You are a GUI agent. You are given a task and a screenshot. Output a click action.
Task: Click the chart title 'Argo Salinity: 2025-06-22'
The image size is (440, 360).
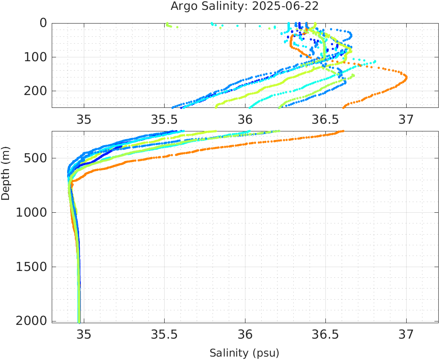click(x=245, y=6)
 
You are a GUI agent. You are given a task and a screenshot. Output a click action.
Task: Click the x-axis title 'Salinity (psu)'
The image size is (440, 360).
click(x=244, y=353)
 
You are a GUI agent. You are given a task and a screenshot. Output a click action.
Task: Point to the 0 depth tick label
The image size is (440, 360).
click(x=44, y=23)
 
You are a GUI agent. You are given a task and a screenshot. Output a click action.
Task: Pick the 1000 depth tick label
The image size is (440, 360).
click(x=31, y=213)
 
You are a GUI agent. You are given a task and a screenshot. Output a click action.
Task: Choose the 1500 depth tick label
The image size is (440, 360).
click(x=31, y=267)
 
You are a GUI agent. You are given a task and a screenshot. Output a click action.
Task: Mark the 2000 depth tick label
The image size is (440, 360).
click(x=31, y=321)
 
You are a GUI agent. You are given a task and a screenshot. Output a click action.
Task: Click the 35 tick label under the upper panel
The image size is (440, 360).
click(x=84, y=119)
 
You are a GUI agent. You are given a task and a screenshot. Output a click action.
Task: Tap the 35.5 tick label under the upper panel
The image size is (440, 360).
click(x=164, y=119)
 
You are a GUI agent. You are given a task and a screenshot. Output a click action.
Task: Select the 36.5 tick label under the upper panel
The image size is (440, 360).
click(x=325, y=119)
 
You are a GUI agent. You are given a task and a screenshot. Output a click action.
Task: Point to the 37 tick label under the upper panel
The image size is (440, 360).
click(x=406, y=119)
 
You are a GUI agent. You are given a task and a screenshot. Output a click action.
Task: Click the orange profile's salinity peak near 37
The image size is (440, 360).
click(x=405, y=78)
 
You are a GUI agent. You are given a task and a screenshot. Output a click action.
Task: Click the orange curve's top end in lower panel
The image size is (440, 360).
click(x=342, y=131)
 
